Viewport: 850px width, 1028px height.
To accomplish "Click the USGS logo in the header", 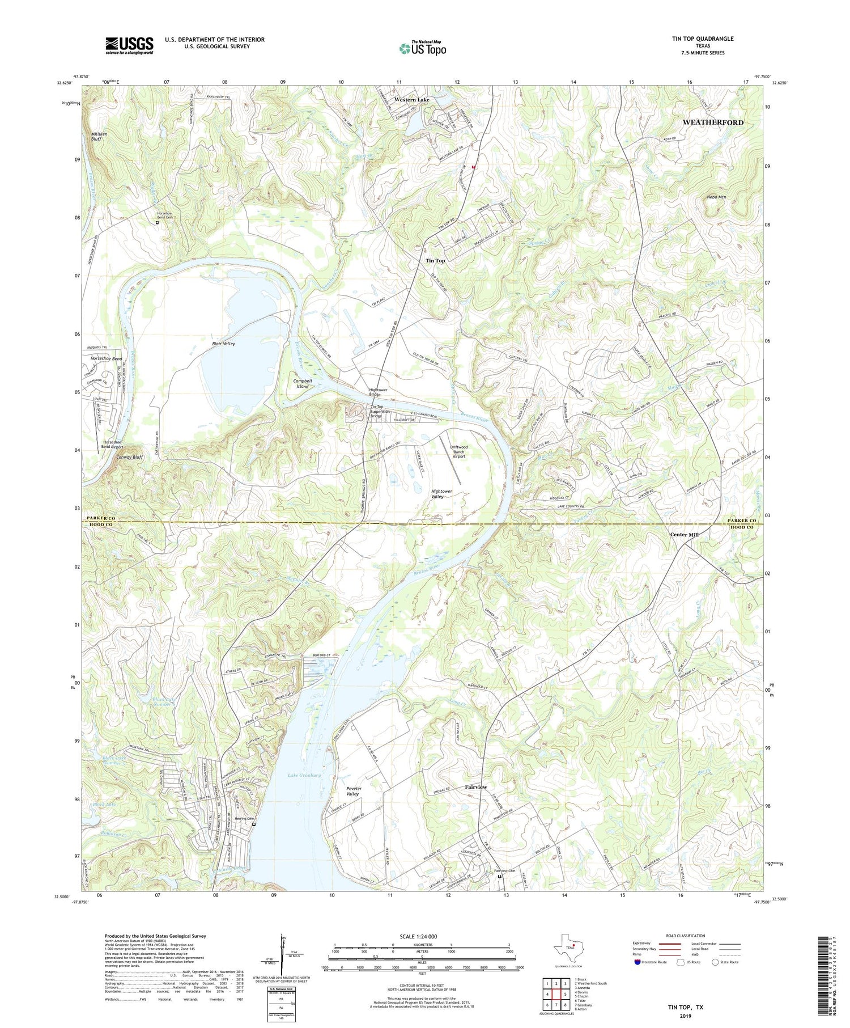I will (x=129, y=45).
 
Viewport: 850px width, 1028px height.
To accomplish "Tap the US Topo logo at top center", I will (x=423, y=49).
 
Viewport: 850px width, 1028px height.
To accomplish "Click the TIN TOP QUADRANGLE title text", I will (x=703, y=39).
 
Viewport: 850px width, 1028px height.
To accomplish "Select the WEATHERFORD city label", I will (x=713, y=122).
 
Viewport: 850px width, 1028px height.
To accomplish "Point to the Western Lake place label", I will (x=412, y=100).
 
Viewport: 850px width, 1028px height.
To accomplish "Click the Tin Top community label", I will (x=435, y=260).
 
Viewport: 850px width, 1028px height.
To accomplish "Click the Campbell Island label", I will (x=303, y=383).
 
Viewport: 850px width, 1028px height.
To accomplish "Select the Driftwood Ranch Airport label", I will (x=458, y=451).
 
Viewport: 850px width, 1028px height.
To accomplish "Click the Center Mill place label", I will (x=684, y=535).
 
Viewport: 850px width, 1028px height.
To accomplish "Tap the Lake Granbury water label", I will (x=304, y=775).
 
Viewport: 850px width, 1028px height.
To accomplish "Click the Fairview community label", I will (x=476, y=787).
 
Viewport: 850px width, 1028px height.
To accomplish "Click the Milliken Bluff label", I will (x=99, y=136).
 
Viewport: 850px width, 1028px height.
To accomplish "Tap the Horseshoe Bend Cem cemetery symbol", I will (x=158, y=223).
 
